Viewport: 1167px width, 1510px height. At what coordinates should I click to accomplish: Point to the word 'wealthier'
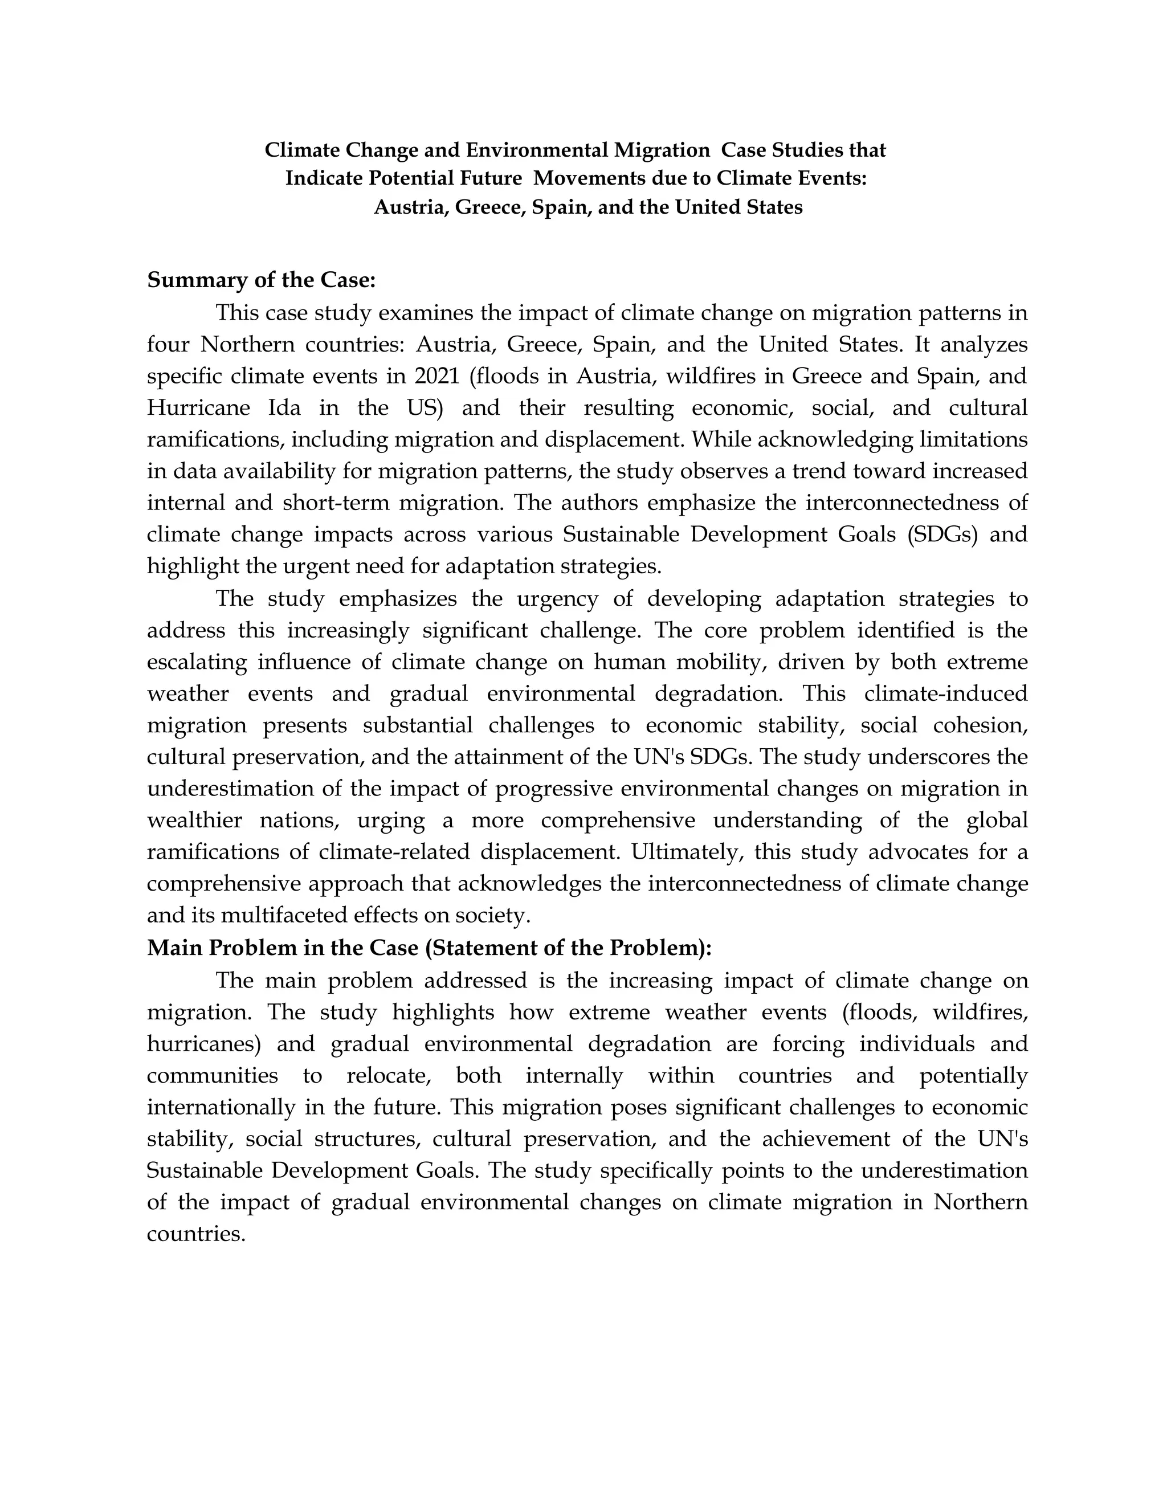coord(194,820)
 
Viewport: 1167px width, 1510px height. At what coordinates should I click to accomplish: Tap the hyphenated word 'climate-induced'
coord(946,693)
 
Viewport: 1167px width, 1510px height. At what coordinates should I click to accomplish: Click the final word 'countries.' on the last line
coord(197,1234)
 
